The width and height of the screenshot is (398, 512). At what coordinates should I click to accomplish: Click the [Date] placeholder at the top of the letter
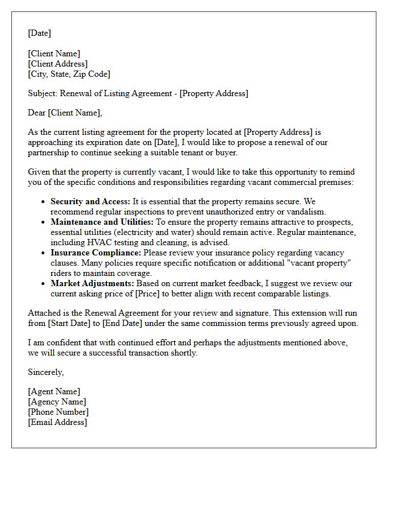click(39, 33)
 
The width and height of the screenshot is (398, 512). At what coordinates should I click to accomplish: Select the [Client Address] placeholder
click(57, 64)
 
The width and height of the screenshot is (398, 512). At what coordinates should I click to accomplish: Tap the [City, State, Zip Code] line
click(69, 74)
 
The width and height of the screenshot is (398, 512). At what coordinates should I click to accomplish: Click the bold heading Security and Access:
click(90, 201)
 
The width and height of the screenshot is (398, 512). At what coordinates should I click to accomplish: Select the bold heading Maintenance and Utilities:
click(102, 222)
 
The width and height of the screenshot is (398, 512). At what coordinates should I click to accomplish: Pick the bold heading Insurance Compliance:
click(96, 253)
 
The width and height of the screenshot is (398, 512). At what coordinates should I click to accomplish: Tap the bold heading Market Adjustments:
click(92, 283)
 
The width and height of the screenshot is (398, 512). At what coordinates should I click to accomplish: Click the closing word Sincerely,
click(45, 372)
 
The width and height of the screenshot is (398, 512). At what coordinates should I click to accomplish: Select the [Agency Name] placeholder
click(57, 402)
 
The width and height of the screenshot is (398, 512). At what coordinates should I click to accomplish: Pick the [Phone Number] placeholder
click(58, 412)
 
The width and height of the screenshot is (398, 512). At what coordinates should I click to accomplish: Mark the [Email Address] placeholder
click(57, 422)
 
